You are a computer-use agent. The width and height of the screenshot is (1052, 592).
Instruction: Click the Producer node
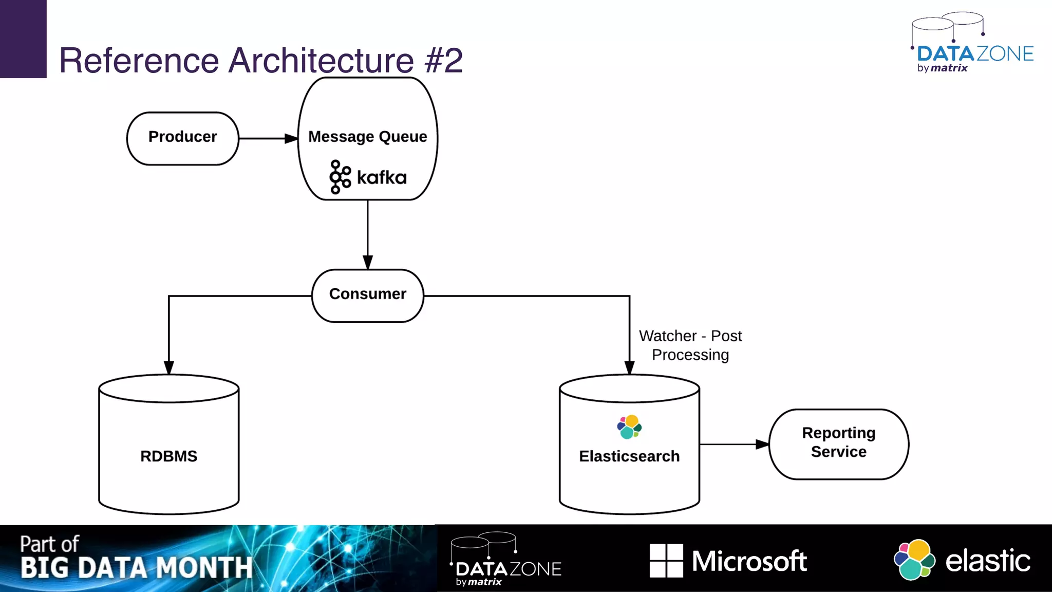(182, 138)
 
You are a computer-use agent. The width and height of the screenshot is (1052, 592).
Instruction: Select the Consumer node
(368, 295)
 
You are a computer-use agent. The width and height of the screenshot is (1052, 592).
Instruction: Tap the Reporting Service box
(838, 443)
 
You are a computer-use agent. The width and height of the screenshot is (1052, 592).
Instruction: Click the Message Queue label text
(368, 137)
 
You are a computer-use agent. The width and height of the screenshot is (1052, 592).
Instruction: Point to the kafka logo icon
(340, 177)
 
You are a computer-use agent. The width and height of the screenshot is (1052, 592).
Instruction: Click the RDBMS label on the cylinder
(168, 456)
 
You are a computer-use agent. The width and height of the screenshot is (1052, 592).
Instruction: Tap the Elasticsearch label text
(629, 456)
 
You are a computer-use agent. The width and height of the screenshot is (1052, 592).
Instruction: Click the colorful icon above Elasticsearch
(629, 427)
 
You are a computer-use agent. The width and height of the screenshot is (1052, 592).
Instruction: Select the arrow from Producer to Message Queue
(267, 138)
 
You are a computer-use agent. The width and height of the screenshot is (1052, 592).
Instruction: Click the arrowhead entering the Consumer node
(368, 262)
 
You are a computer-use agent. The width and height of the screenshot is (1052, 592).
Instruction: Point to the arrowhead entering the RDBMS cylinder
(169, 367)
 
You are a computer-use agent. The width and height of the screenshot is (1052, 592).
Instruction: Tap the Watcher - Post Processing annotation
(690, 345)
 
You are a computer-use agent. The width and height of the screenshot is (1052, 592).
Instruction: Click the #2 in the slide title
(444, 61)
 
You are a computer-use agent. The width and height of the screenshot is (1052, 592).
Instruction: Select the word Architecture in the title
(321, 61)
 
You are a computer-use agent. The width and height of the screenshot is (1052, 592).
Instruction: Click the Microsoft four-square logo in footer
(666, 561)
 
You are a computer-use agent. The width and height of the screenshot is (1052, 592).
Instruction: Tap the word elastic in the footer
(987, 561)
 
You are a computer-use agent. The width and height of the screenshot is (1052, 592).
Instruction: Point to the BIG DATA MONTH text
(137, 568)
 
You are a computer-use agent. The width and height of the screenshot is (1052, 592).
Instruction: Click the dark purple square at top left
(23, 39)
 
